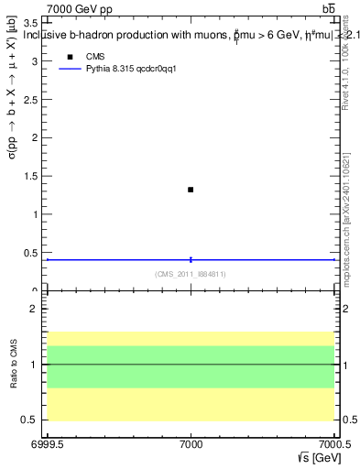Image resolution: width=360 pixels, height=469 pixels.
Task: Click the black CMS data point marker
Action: [x=191, y=190]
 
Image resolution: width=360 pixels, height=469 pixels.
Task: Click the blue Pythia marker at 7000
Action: [x=191, y=259]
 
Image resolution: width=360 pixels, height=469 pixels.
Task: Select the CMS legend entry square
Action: [x=70, y=57]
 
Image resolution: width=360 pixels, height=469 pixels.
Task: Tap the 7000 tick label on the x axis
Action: [x=191, y=444]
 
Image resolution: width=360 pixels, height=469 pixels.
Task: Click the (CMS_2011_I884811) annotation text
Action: [x=191, y=274]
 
